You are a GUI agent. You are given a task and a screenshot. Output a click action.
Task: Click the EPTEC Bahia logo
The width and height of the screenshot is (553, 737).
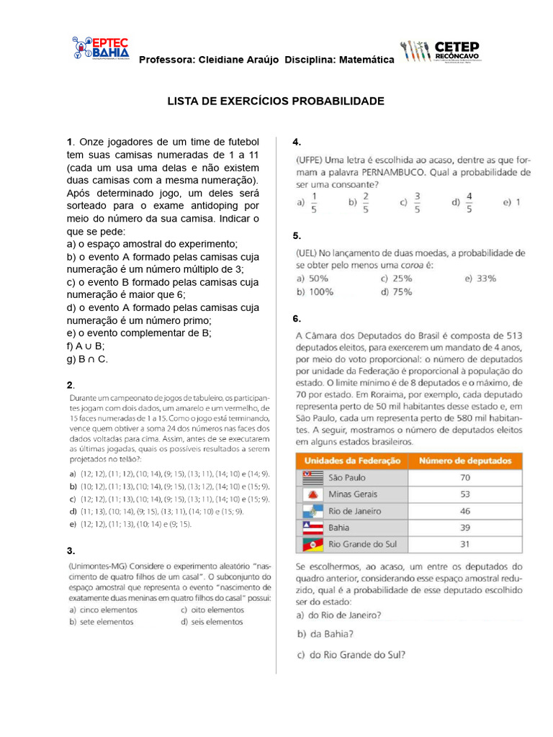100,48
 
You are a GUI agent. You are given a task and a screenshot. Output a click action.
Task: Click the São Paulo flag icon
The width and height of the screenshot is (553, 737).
312,477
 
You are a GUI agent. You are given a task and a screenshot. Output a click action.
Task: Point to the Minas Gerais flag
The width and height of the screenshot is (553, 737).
312,494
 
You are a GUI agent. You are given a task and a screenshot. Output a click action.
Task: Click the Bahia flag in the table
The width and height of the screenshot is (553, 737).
312,528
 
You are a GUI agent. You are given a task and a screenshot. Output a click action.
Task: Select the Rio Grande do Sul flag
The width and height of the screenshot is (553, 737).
312,545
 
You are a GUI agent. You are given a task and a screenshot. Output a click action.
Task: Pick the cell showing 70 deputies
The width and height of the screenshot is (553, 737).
464,477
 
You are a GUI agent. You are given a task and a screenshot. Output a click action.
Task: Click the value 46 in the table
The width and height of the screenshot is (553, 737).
464,511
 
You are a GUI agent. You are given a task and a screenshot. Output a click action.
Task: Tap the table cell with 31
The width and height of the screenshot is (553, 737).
464,544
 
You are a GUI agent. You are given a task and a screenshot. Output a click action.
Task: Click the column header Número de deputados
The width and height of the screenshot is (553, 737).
464,461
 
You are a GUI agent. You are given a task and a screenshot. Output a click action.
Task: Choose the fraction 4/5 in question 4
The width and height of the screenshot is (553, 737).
469,202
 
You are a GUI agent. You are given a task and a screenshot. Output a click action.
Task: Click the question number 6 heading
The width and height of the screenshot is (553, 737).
297,319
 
